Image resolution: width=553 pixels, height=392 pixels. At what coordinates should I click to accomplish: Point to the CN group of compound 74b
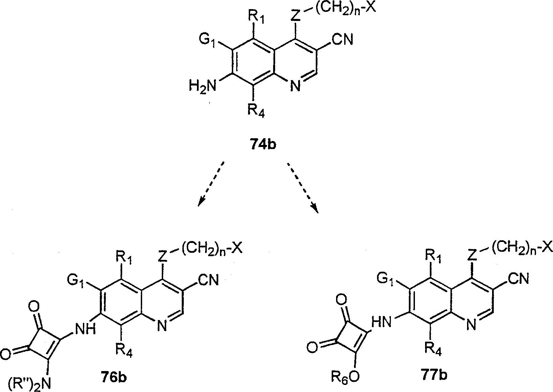point(342,40)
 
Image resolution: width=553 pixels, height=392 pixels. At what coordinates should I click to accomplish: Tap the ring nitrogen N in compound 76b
point(161,326)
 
